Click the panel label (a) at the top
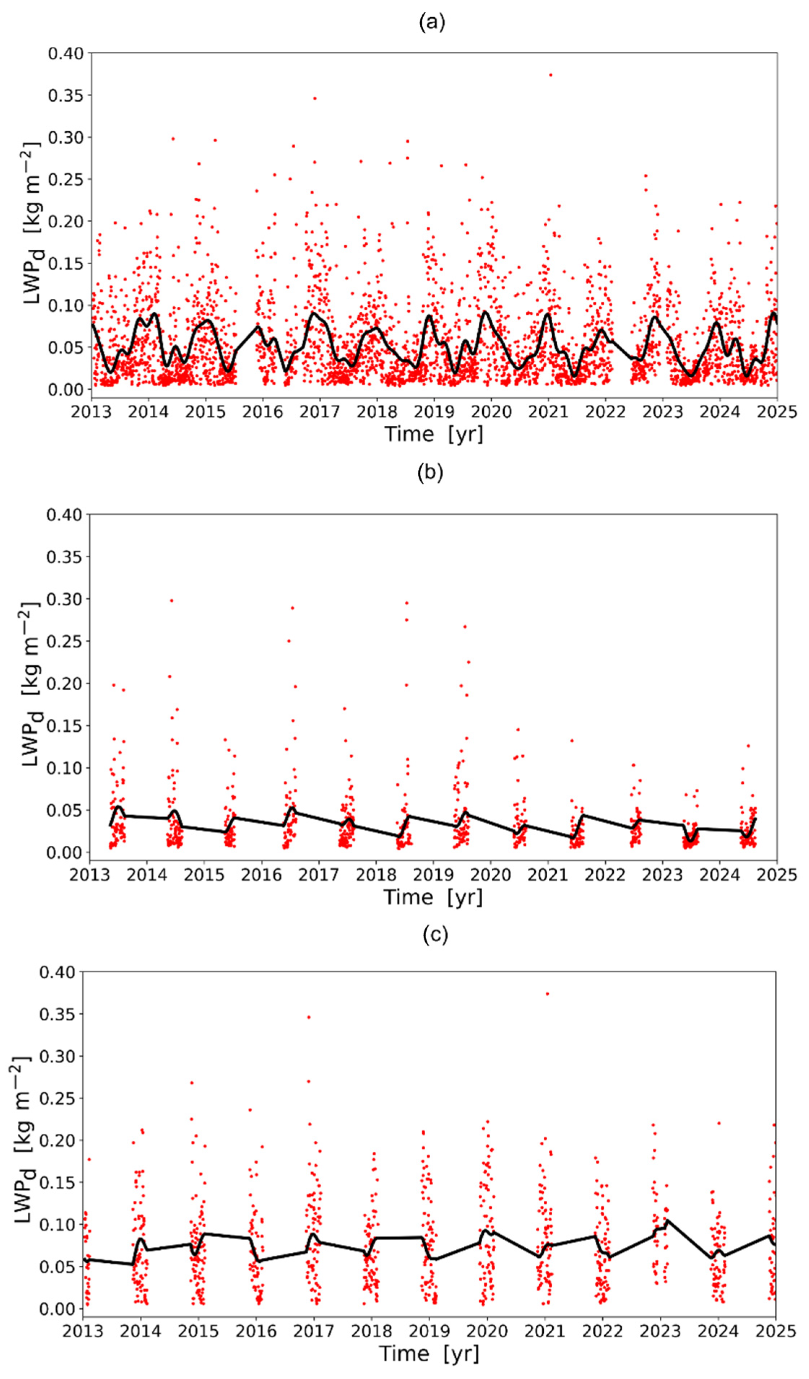click(432, 22)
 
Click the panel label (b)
click(430, 472)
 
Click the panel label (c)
click(435, 934)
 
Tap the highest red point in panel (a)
click(551, 75)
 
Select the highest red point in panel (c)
click(547, 994)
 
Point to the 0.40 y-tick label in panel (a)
click(66, 54)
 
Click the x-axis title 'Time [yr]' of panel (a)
click(434, 434)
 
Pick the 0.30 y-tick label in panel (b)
click(64, 599)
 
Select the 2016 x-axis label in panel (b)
click(261, 875)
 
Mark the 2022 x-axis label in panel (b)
click(605, 875)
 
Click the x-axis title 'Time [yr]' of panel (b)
click(433, 897)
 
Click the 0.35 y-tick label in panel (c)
click(57, 1014)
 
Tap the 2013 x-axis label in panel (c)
click(83, 1331)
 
